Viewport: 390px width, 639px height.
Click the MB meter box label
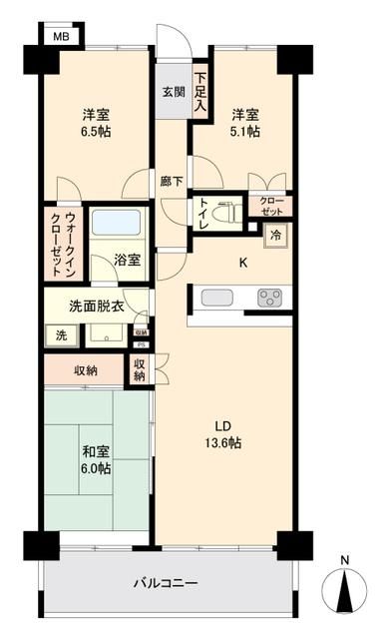click(60, 36)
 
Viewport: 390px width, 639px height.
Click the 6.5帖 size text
click(96, 129)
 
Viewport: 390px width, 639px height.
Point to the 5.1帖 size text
click(247, 129)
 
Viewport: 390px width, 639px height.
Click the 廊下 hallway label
click(172, 182)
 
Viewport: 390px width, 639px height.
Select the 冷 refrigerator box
click(272, 236)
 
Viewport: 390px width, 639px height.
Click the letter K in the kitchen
click(242, 264)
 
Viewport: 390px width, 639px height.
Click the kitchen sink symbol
click(216, 297)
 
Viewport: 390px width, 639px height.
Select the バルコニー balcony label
click(167, 583)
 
